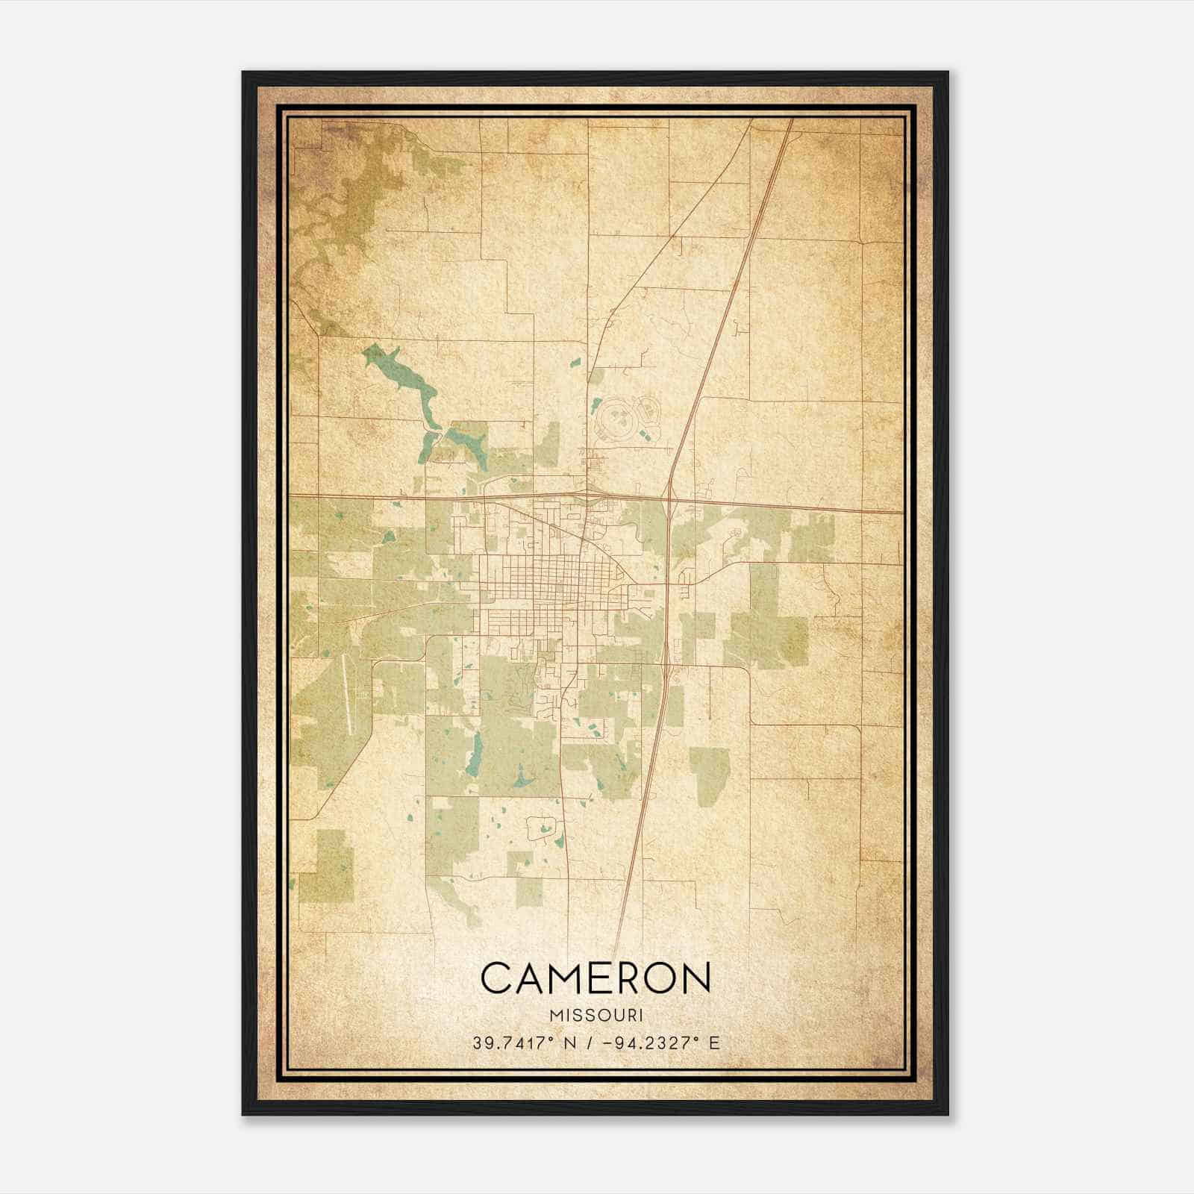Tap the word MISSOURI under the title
point(596,1016)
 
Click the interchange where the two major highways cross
point(669,498)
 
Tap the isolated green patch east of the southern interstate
point(709,776)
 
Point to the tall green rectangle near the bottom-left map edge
point(326,866)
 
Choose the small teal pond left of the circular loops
point(595,407)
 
